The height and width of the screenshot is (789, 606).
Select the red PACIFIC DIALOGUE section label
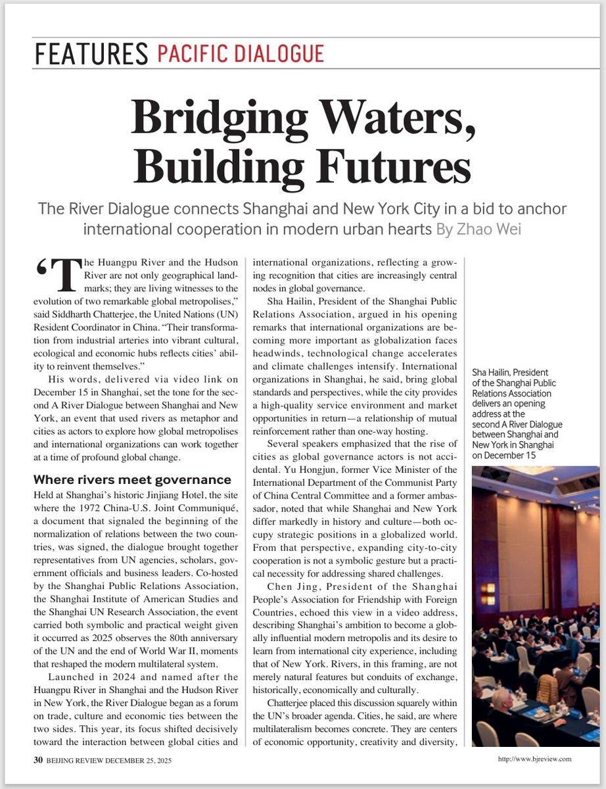[x=241, y=53]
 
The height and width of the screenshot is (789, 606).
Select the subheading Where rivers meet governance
[x=132, y=479]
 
